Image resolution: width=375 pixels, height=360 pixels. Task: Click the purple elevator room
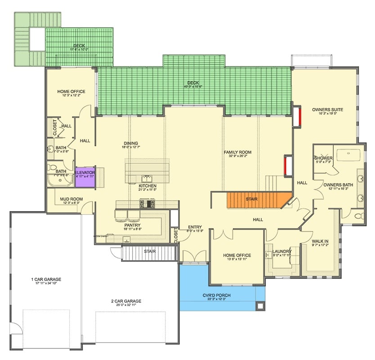pyautogui.click(x=85, y=175)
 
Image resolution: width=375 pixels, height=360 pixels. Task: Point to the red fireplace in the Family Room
pyautogui.click(x=286, y=165)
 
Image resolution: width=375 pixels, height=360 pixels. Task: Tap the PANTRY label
pyautogui.click(x=133, y=225)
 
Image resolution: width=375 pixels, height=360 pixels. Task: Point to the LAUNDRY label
pyautogui.click(x=282, y=251)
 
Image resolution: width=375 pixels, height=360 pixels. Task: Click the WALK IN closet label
pyautogui.click(x=320, y=241)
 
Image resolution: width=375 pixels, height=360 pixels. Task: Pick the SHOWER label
pyautogui.click(x=324, y=158)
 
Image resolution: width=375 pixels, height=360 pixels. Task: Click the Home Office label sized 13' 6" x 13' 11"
pyautogui.click(x=237, y=255)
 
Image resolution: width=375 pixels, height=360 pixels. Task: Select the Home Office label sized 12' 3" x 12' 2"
pyautogui.click(x=71, y=92)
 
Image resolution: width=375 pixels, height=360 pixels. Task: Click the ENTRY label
pyautogui.click(x=195, y=227)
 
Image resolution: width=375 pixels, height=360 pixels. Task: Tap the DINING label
pyautogui.click(x=131, y=144)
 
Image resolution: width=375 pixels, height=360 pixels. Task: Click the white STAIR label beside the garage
pyautogui.click(x=150, y=251)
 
